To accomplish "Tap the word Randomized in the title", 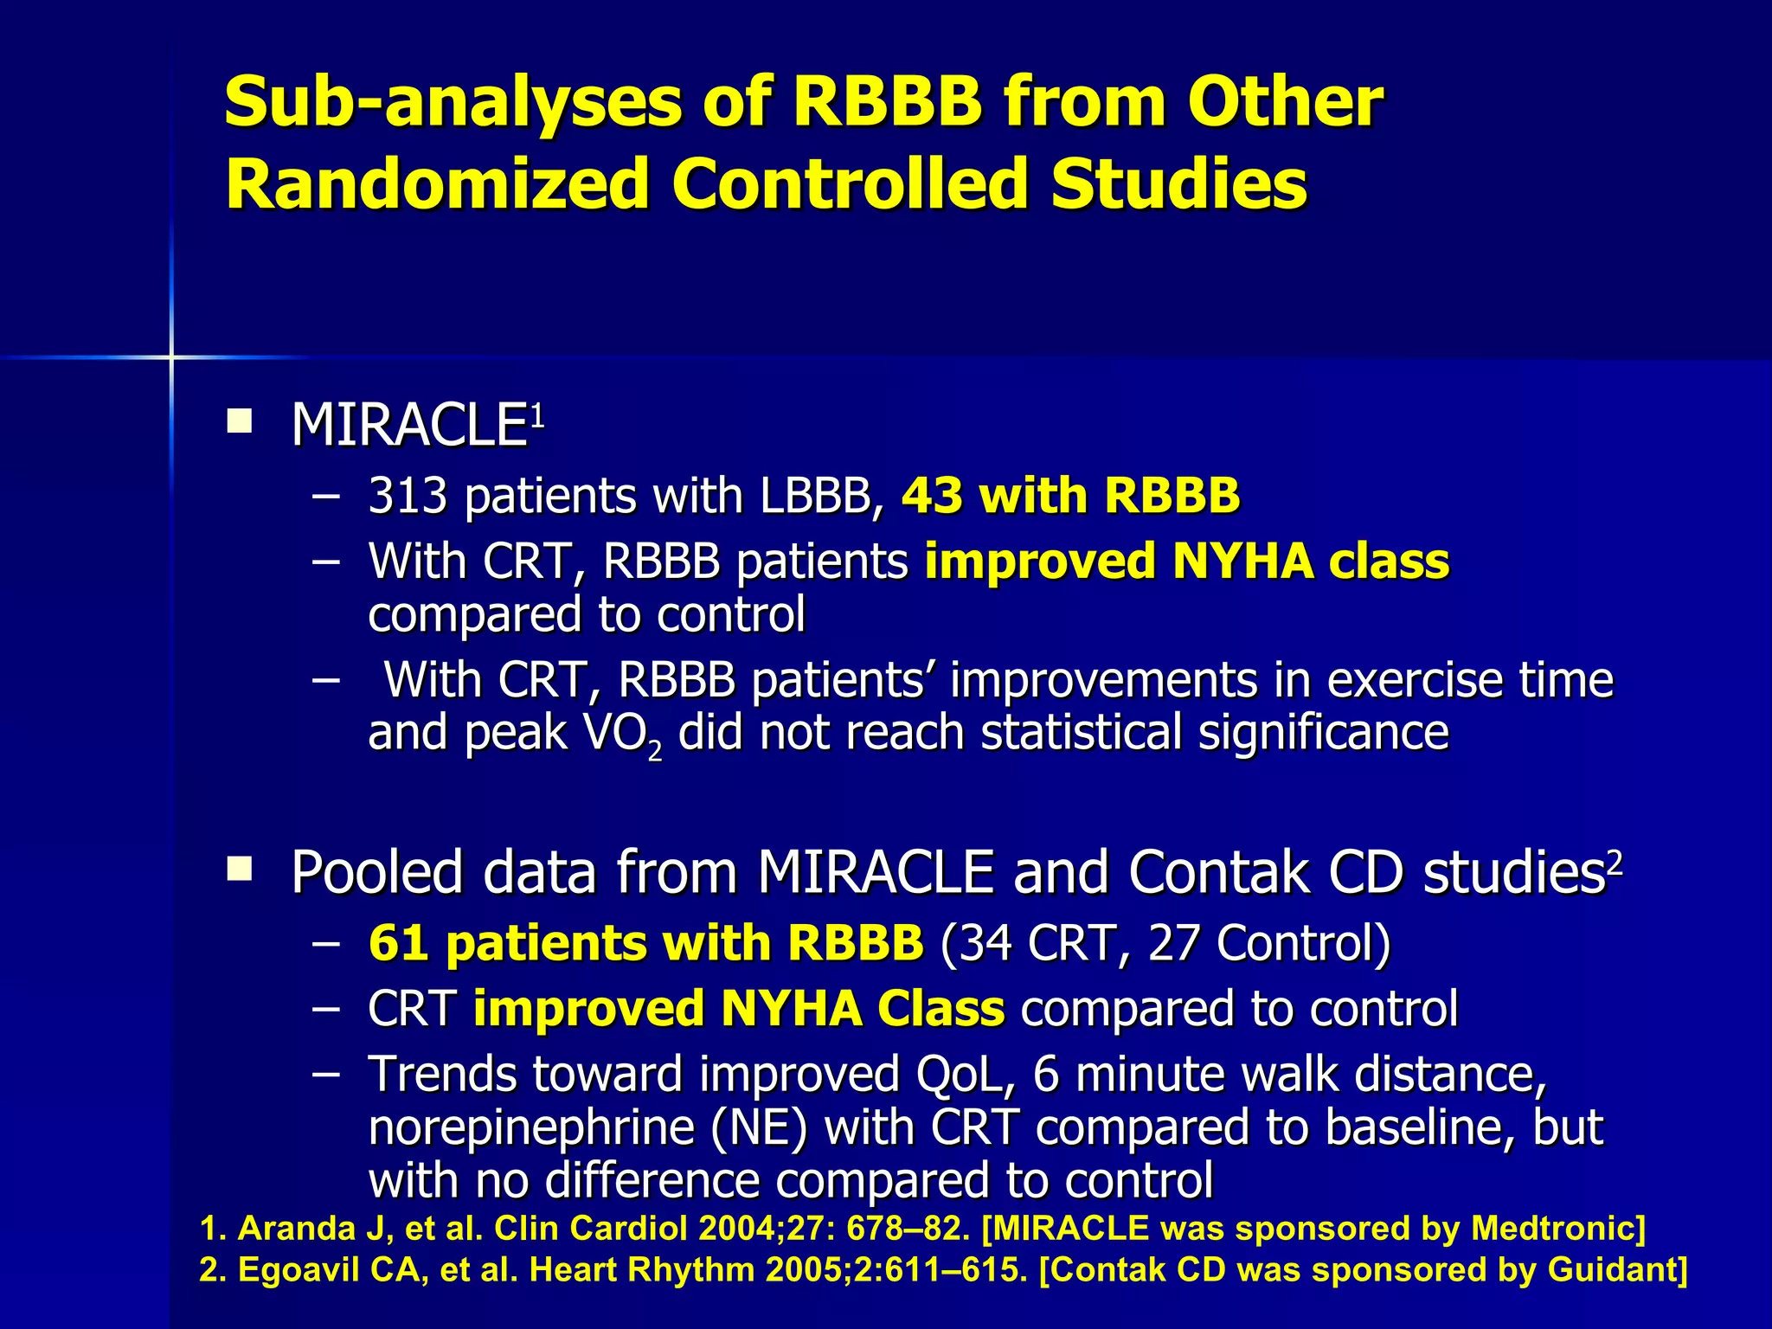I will (x=437, y=184).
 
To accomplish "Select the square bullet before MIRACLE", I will (x=239, y=421).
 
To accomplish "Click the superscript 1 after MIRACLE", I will (x=537, y=417).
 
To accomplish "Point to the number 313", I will (x=408, y=497).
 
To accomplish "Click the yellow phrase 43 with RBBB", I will (x=1070, y=497).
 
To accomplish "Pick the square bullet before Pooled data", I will (x=239, y=868).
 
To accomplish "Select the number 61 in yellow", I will (x=398, y=943).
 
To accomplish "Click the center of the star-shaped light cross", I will (x=171, y=356).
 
